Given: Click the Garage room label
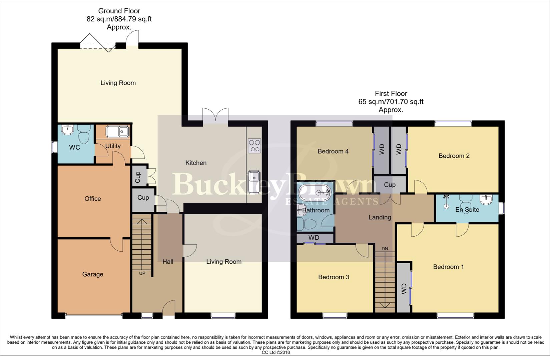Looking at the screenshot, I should click(92, 274).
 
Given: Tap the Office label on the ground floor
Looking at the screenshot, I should click(92, 199).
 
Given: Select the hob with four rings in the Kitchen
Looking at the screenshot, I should click(254, 146).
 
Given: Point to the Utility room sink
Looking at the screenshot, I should click(117, 132).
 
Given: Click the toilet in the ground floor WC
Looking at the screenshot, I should click(83, 135).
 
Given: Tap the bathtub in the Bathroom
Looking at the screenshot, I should click(315, 192).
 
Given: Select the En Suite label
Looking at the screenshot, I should click(467, 210).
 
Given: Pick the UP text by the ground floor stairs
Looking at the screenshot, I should click(142, 273).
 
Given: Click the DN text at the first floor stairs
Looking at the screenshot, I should click(385, 249).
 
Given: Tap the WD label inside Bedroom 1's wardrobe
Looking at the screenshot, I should click(404, 289).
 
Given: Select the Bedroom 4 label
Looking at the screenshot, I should click(333, 151).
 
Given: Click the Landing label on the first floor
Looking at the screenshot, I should click(380, 217).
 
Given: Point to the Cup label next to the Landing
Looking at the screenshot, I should click(390, 185).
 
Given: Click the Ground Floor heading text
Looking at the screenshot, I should click(119, 11).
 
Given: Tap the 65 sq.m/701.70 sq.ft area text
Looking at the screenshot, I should click(391, 102).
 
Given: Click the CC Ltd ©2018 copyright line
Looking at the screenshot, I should click(276, 352).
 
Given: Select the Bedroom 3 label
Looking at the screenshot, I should click(334, 277).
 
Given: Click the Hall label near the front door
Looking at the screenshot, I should click(168, 262).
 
